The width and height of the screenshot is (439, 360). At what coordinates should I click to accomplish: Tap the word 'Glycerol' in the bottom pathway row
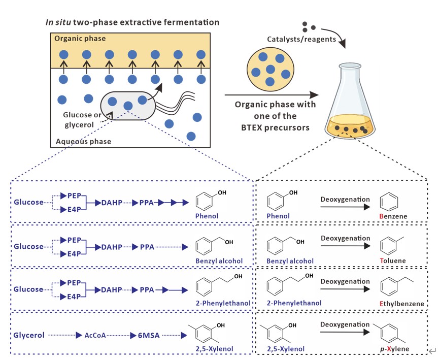pyautogui.click(x=29, y=335)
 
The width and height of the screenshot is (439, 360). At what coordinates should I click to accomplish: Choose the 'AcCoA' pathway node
pyautogui.click(x=95, y=335)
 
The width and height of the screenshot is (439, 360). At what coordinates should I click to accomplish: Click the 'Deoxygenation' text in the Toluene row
pyautogui.click(x=345, y=238)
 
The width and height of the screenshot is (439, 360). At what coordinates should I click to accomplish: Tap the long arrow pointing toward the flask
pyautogui.click(x=272, y=94)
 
